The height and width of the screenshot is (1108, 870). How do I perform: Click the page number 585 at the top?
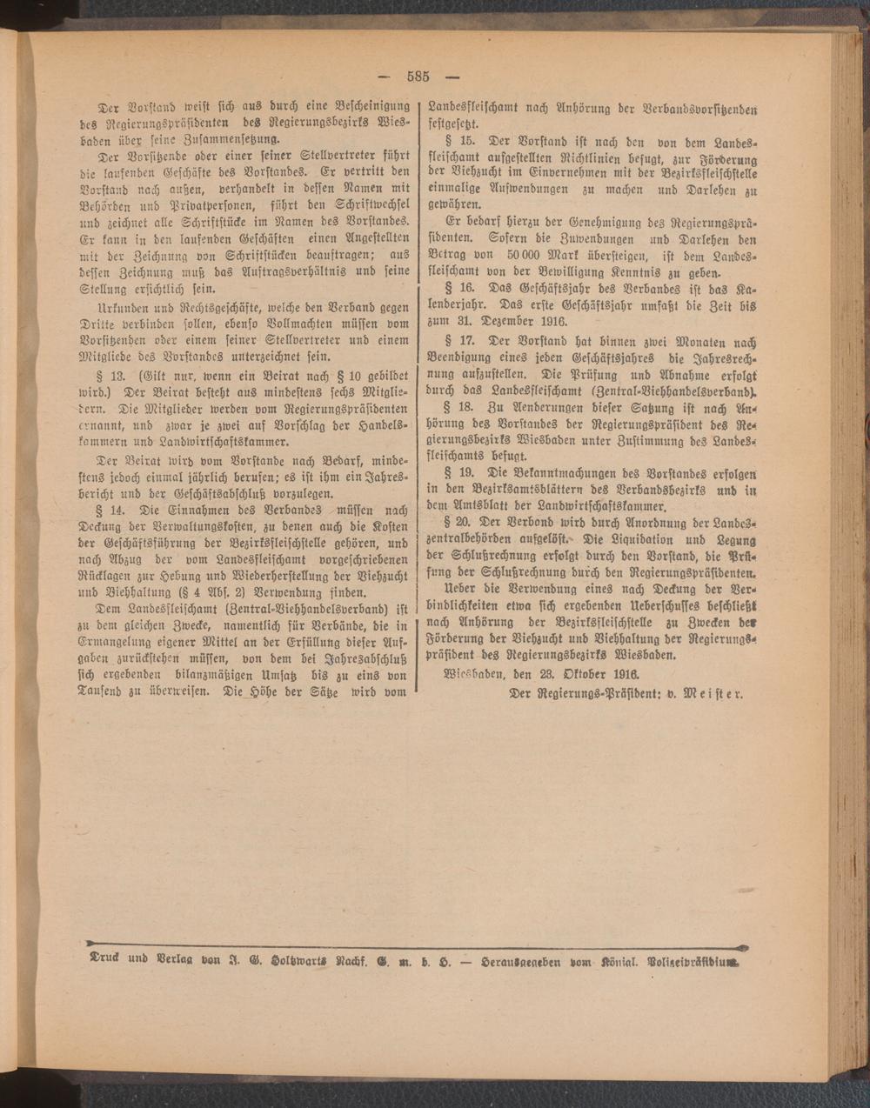417,76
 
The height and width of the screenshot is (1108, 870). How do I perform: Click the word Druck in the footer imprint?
107,963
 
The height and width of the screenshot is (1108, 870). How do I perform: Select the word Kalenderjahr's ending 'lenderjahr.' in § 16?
463,304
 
